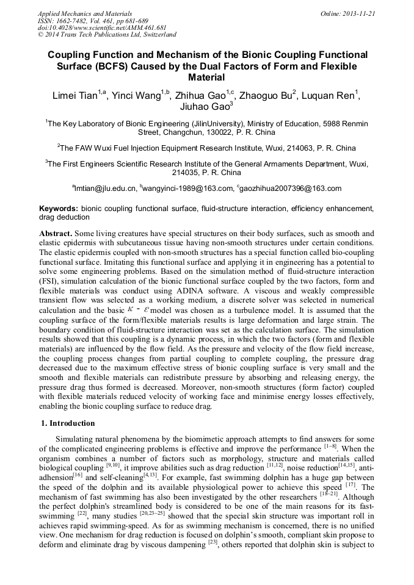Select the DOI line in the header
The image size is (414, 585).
[102, 27]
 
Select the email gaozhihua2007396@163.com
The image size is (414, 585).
[292, 188]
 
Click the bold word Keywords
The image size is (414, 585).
[59, 209]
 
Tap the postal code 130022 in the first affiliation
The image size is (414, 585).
[209, 132]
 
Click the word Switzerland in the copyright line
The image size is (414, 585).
[154, 35]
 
